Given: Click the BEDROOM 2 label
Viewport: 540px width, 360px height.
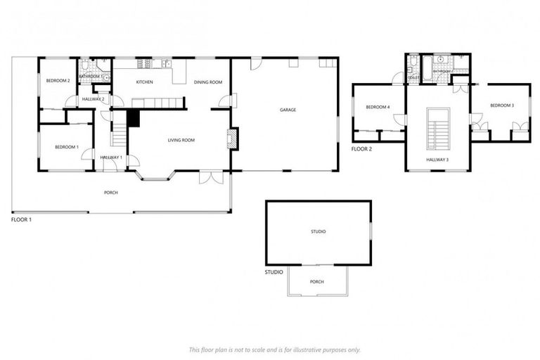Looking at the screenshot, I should pyautogui.click(x=58, y=81).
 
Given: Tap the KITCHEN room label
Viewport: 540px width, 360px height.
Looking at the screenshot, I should pyautogui.click(x=144, y=82).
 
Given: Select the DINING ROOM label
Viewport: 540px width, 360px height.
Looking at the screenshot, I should pyautogui.click(x=208, y=82).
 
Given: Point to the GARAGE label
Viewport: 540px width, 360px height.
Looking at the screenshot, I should pyautogui.click(x=288, y=110).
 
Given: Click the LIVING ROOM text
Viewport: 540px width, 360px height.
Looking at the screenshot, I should pyautogui.click(x=181, y=140).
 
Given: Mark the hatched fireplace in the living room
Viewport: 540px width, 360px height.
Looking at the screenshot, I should pyautogui.click(x=234, y=138).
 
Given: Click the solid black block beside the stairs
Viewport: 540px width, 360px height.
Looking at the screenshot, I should pyautogui.click(x=134, y=118).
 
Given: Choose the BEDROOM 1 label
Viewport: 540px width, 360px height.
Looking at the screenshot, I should pyautogui.click(x=67, y=147).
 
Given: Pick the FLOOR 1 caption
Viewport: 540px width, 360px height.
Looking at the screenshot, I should pyautogui.click(x=21, y=219).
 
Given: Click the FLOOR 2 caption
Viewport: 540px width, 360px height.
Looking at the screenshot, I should pyautogui.click(x=361, y=149).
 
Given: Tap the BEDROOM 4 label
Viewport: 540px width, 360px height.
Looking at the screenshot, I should pyautogui.click(x=378, y=107).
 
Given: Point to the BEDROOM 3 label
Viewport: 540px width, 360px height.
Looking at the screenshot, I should pyautogui.click(x=501, y=105).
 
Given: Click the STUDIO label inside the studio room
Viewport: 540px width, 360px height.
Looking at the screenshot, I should pyautogui.click(x=318, y=231).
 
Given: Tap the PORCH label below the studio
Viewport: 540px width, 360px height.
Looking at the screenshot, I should pyautogui.click(x=317, y=281).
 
